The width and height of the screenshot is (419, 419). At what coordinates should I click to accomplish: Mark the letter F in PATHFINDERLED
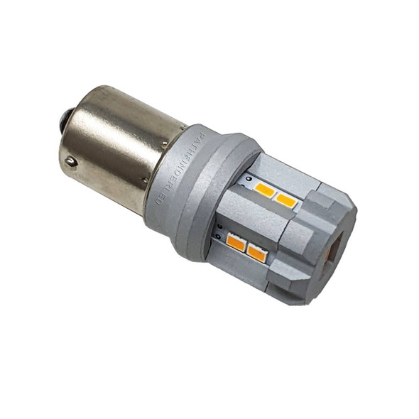coord(187,152)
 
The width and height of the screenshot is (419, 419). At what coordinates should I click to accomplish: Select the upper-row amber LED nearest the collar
coord(265,190)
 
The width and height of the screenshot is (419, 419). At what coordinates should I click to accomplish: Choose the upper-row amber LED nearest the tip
coord(285,200)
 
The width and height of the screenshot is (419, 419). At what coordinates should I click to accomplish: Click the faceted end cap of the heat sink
coord(323,241)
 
